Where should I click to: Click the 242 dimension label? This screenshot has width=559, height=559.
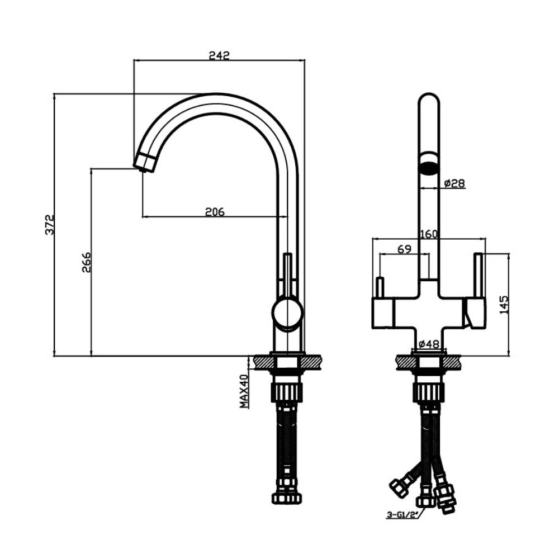219,55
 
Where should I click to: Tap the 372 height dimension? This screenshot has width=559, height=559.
50,224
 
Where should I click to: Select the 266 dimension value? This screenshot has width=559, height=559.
87,262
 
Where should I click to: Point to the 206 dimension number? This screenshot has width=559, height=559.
215,212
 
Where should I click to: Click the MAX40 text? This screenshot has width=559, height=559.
244,391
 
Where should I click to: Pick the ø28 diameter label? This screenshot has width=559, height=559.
454,183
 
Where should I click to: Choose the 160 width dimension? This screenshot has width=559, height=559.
429,234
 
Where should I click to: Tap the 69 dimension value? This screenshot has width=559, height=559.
404,249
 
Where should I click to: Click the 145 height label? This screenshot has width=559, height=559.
504,305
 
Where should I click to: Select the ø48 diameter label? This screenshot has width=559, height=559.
429,344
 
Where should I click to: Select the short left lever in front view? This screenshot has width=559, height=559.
380,287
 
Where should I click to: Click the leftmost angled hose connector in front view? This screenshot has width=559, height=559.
399,487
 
